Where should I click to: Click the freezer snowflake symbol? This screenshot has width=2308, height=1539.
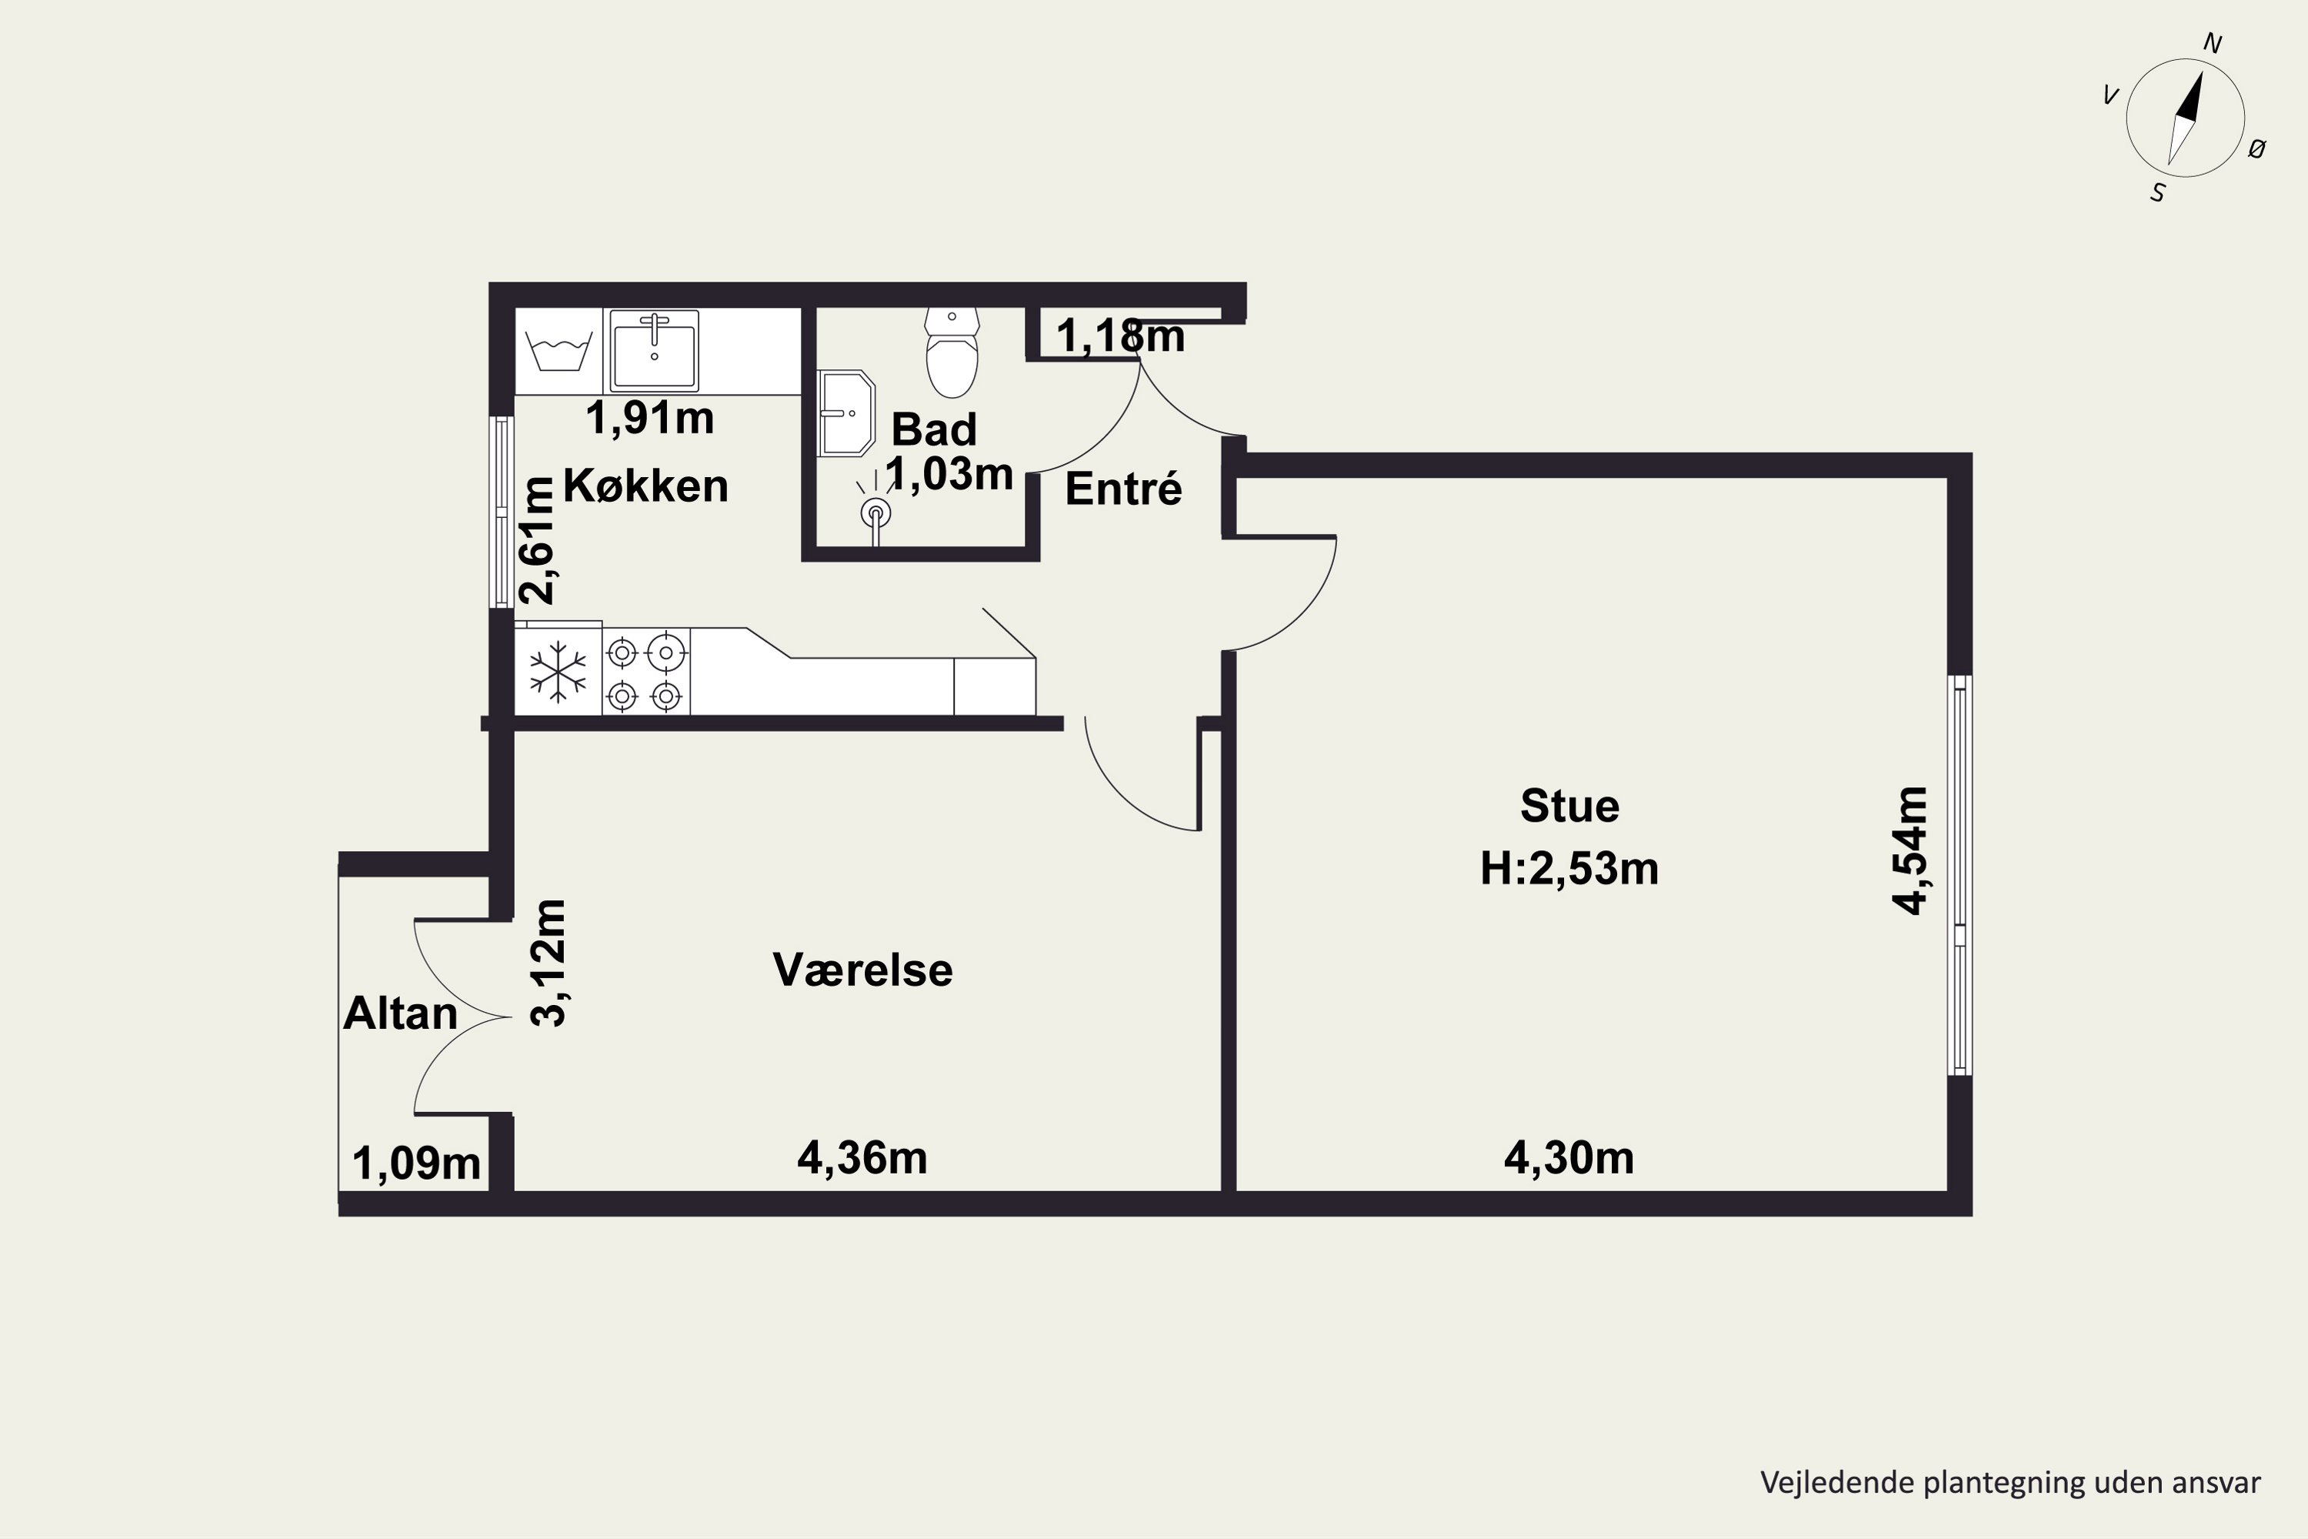557,673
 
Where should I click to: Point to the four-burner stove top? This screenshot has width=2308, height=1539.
645,673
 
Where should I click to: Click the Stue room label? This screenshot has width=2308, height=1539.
1569,806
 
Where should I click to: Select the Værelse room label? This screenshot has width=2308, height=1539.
862,970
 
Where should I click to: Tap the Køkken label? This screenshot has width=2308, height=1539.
645,486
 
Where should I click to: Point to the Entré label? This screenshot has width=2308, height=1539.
1123,489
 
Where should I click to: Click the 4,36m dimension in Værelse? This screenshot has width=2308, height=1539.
862,1158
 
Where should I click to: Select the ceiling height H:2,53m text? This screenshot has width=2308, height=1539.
1569,869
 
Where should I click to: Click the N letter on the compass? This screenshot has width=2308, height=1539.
2213,43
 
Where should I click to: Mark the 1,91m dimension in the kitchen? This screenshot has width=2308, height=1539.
649,418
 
